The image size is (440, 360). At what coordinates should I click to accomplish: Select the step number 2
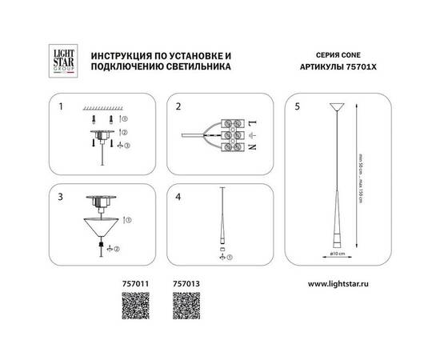pos(180,106)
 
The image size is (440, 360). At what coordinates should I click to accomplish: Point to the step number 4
pos(180,195)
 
